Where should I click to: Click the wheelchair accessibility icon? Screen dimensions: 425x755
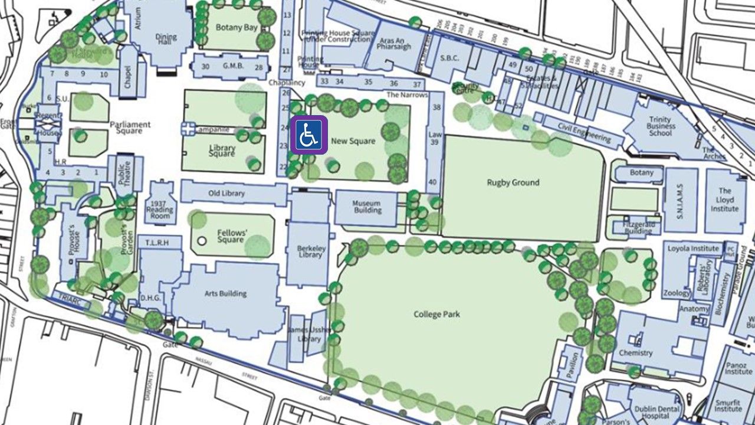tap(307, 135)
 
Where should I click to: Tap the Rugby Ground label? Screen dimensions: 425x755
tap(513, 182)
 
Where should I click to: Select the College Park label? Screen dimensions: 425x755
tap(436, 314)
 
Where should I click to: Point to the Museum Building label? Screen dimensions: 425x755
tap(367, 207)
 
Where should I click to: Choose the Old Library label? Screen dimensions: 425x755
tap(226, 194)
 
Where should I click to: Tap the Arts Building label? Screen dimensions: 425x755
tap(225, 293)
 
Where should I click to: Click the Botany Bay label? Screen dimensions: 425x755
tap(236, 27)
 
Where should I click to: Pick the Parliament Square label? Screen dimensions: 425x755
tap(130, 127)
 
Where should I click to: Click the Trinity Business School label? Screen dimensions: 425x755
tap(660, 126)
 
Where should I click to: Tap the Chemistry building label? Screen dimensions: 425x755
tap(635, 353)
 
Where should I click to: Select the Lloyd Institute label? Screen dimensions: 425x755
tap(724, 200)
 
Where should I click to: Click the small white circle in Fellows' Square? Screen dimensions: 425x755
tap(202, 241)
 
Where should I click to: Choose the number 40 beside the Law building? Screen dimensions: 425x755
tap(433, 182)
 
